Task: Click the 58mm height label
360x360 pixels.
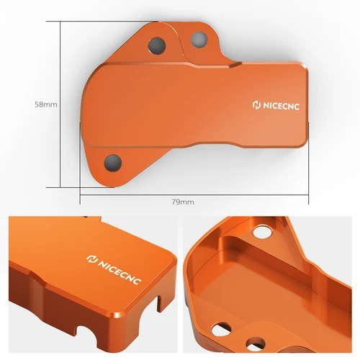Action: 45,104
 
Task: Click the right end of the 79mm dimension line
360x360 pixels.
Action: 309,194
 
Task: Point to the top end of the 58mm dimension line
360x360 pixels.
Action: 60,21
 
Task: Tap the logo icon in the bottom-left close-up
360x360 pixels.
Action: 91,258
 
